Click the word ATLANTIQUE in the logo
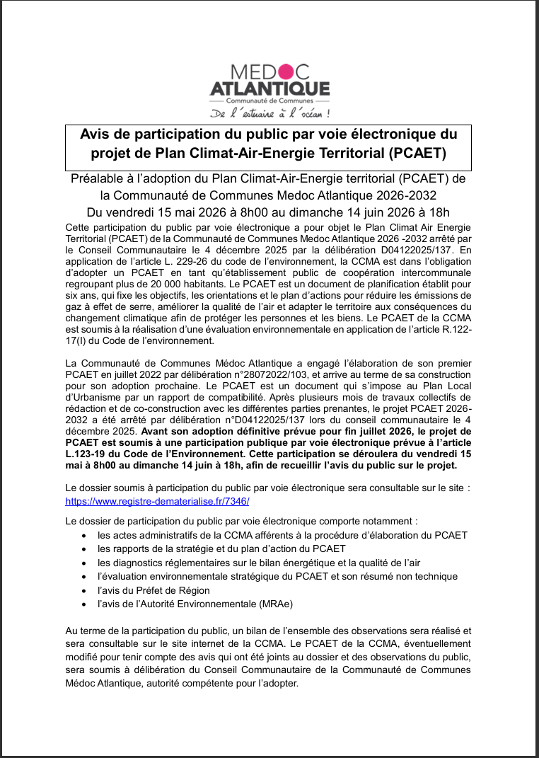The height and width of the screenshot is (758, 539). click(269, 88)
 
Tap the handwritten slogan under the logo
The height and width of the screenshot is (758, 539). click(269, 113)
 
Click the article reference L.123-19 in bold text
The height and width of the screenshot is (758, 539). click(90, 454)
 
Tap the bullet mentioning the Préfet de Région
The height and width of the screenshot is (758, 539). click(153, 590)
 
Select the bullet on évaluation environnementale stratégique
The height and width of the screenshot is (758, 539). click(277, 576)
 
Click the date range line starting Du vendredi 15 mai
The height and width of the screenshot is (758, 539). click(268, 212)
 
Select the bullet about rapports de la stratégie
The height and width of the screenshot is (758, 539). click(221, 549)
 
